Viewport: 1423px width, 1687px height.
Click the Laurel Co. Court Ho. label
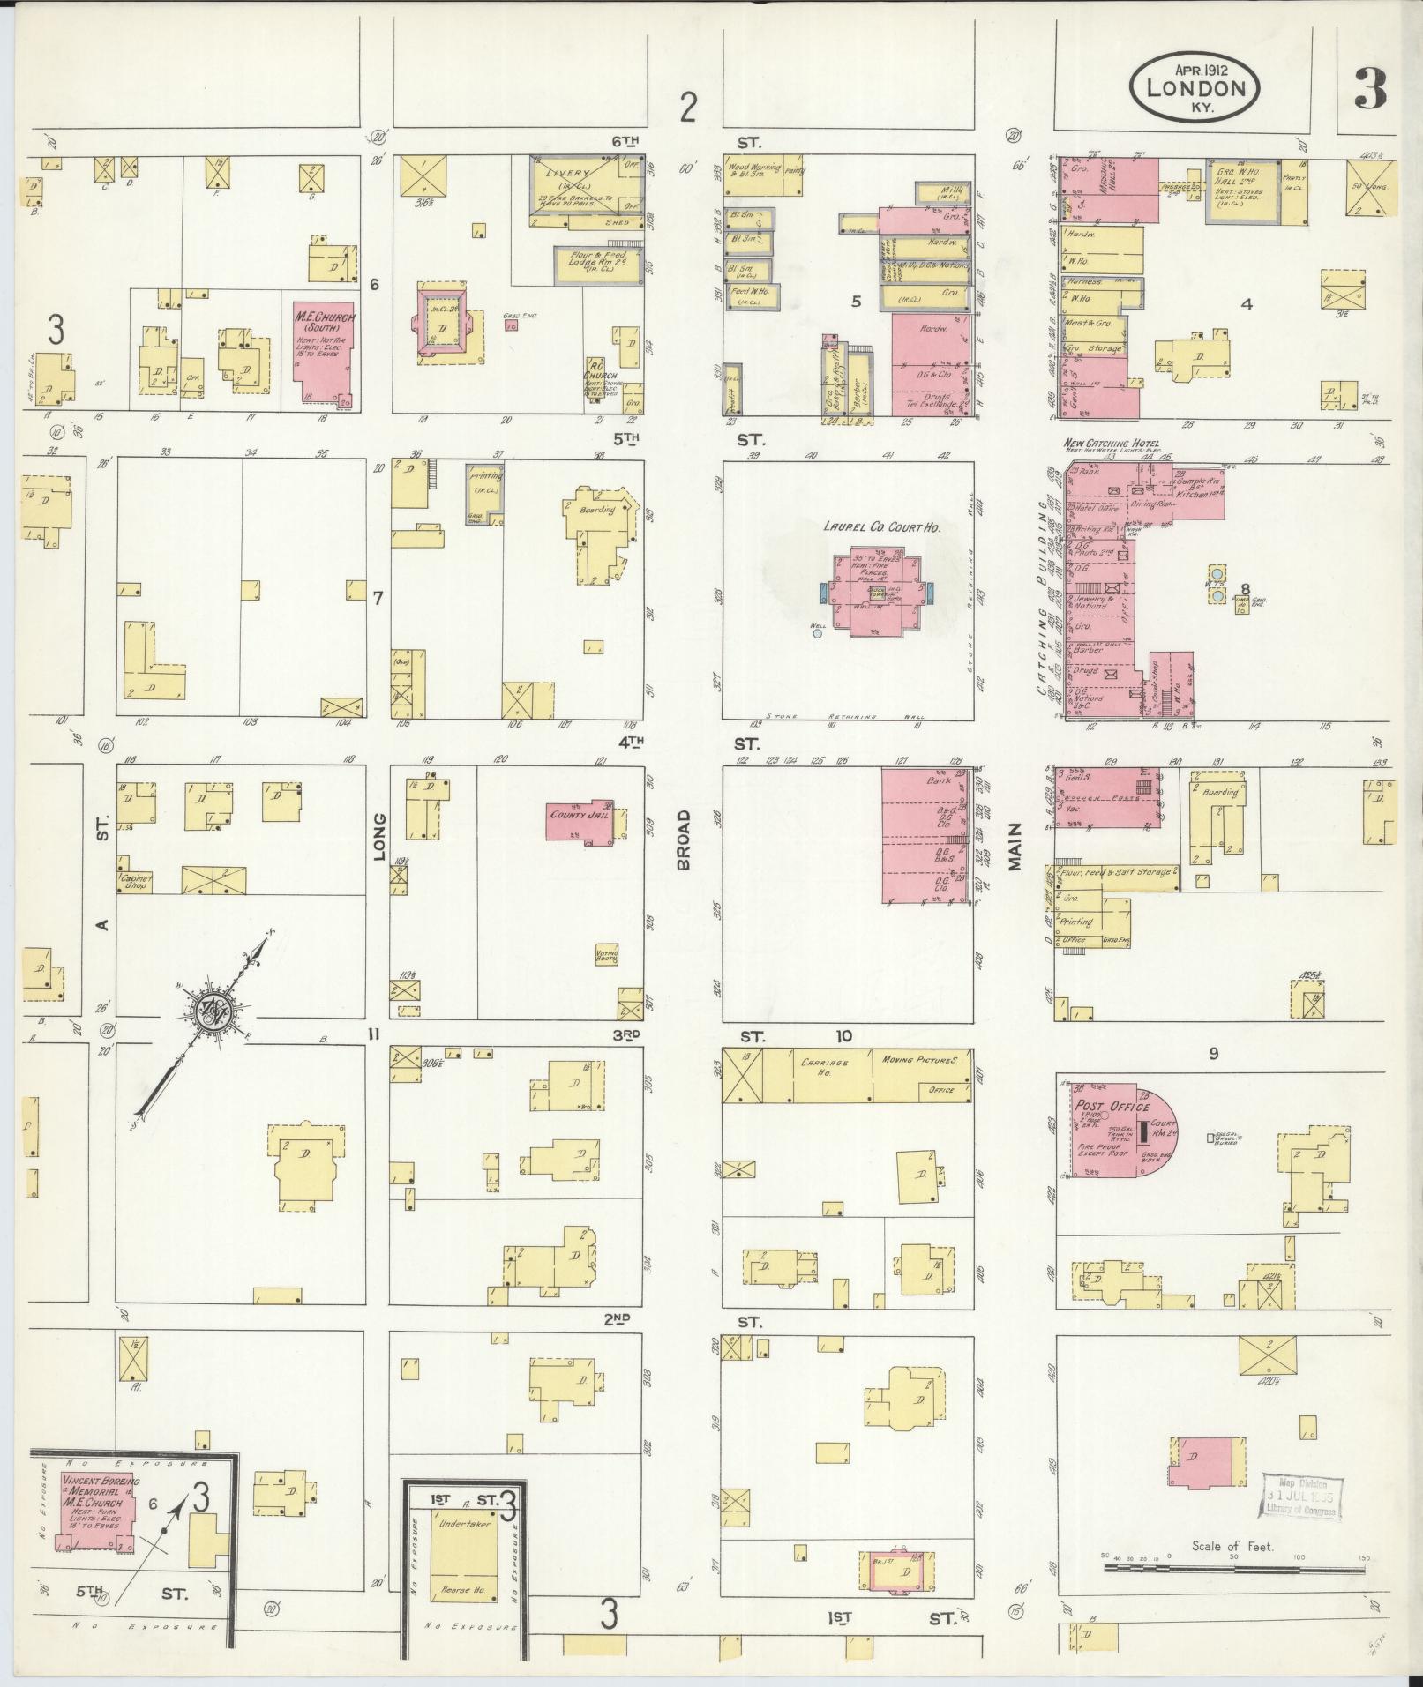click(881, 526)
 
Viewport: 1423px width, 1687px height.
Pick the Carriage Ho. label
click(824, 1064)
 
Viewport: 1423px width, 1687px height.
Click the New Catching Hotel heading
click(1112, 444)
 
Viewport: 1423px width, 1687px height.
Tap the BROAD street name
click(684, 840)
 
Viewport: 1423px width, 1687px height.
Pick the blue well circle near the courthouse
click(818, 632)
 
